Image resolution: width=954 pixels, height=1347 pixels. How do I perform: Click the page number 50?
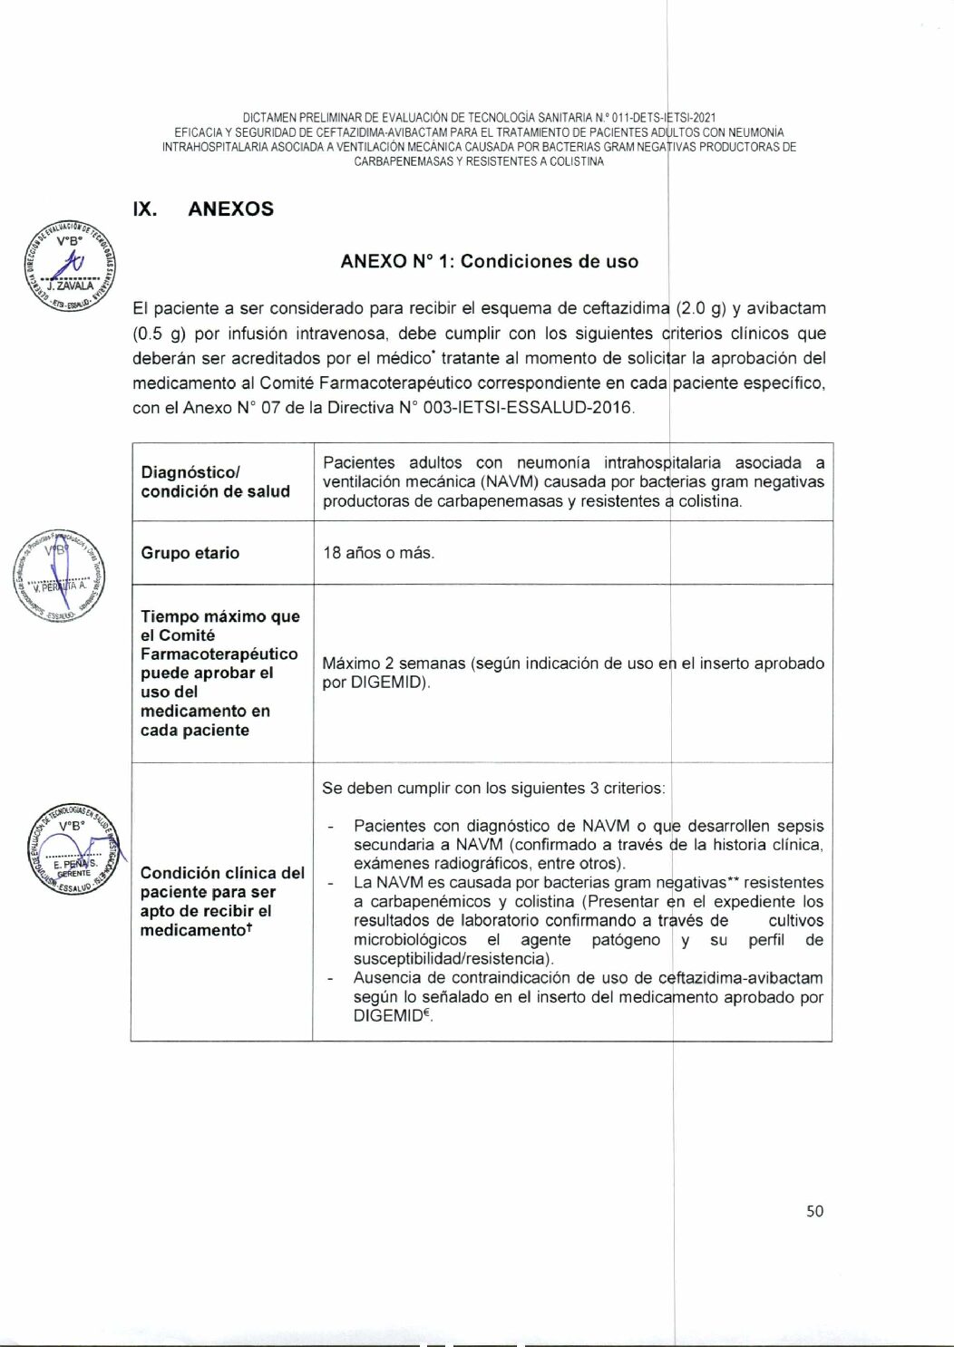point(814,1211)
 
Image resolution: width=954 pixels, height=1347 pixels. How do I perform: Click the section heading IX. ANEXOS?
point(203,209)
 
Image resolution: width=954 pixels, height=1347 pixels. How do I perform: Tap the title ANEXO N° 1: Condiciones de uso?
point(489,262)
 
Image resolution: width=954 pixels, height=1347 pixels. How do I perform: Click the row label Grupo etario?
point(190,553)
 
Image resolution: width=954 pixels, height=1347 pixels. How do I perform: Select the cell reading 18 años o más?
point(378,553)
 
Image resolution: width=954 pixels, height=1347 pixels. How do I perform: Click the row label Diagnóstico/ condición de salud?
point(215,482)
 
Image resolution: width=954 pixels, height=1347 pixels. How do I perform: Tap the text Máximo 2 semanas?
point(393,664)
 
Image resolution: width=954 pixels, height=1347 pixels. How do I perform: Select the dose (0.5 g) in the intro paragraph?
point(160,334)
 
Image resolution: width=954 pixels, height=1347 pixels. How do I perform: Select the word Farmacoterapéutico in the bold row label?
point(219,654)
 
